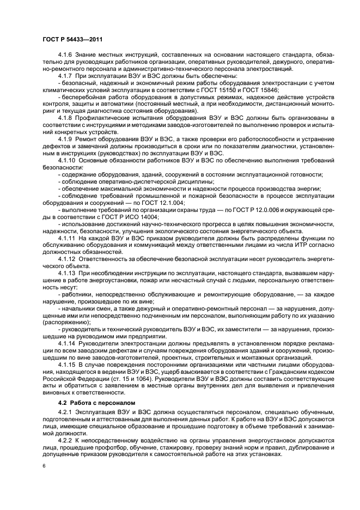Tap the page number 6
click(x=44, y=467)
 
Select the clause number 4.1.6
click(x=66, y=55)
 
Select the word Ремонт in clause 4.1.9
click(x=90, y=139)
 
